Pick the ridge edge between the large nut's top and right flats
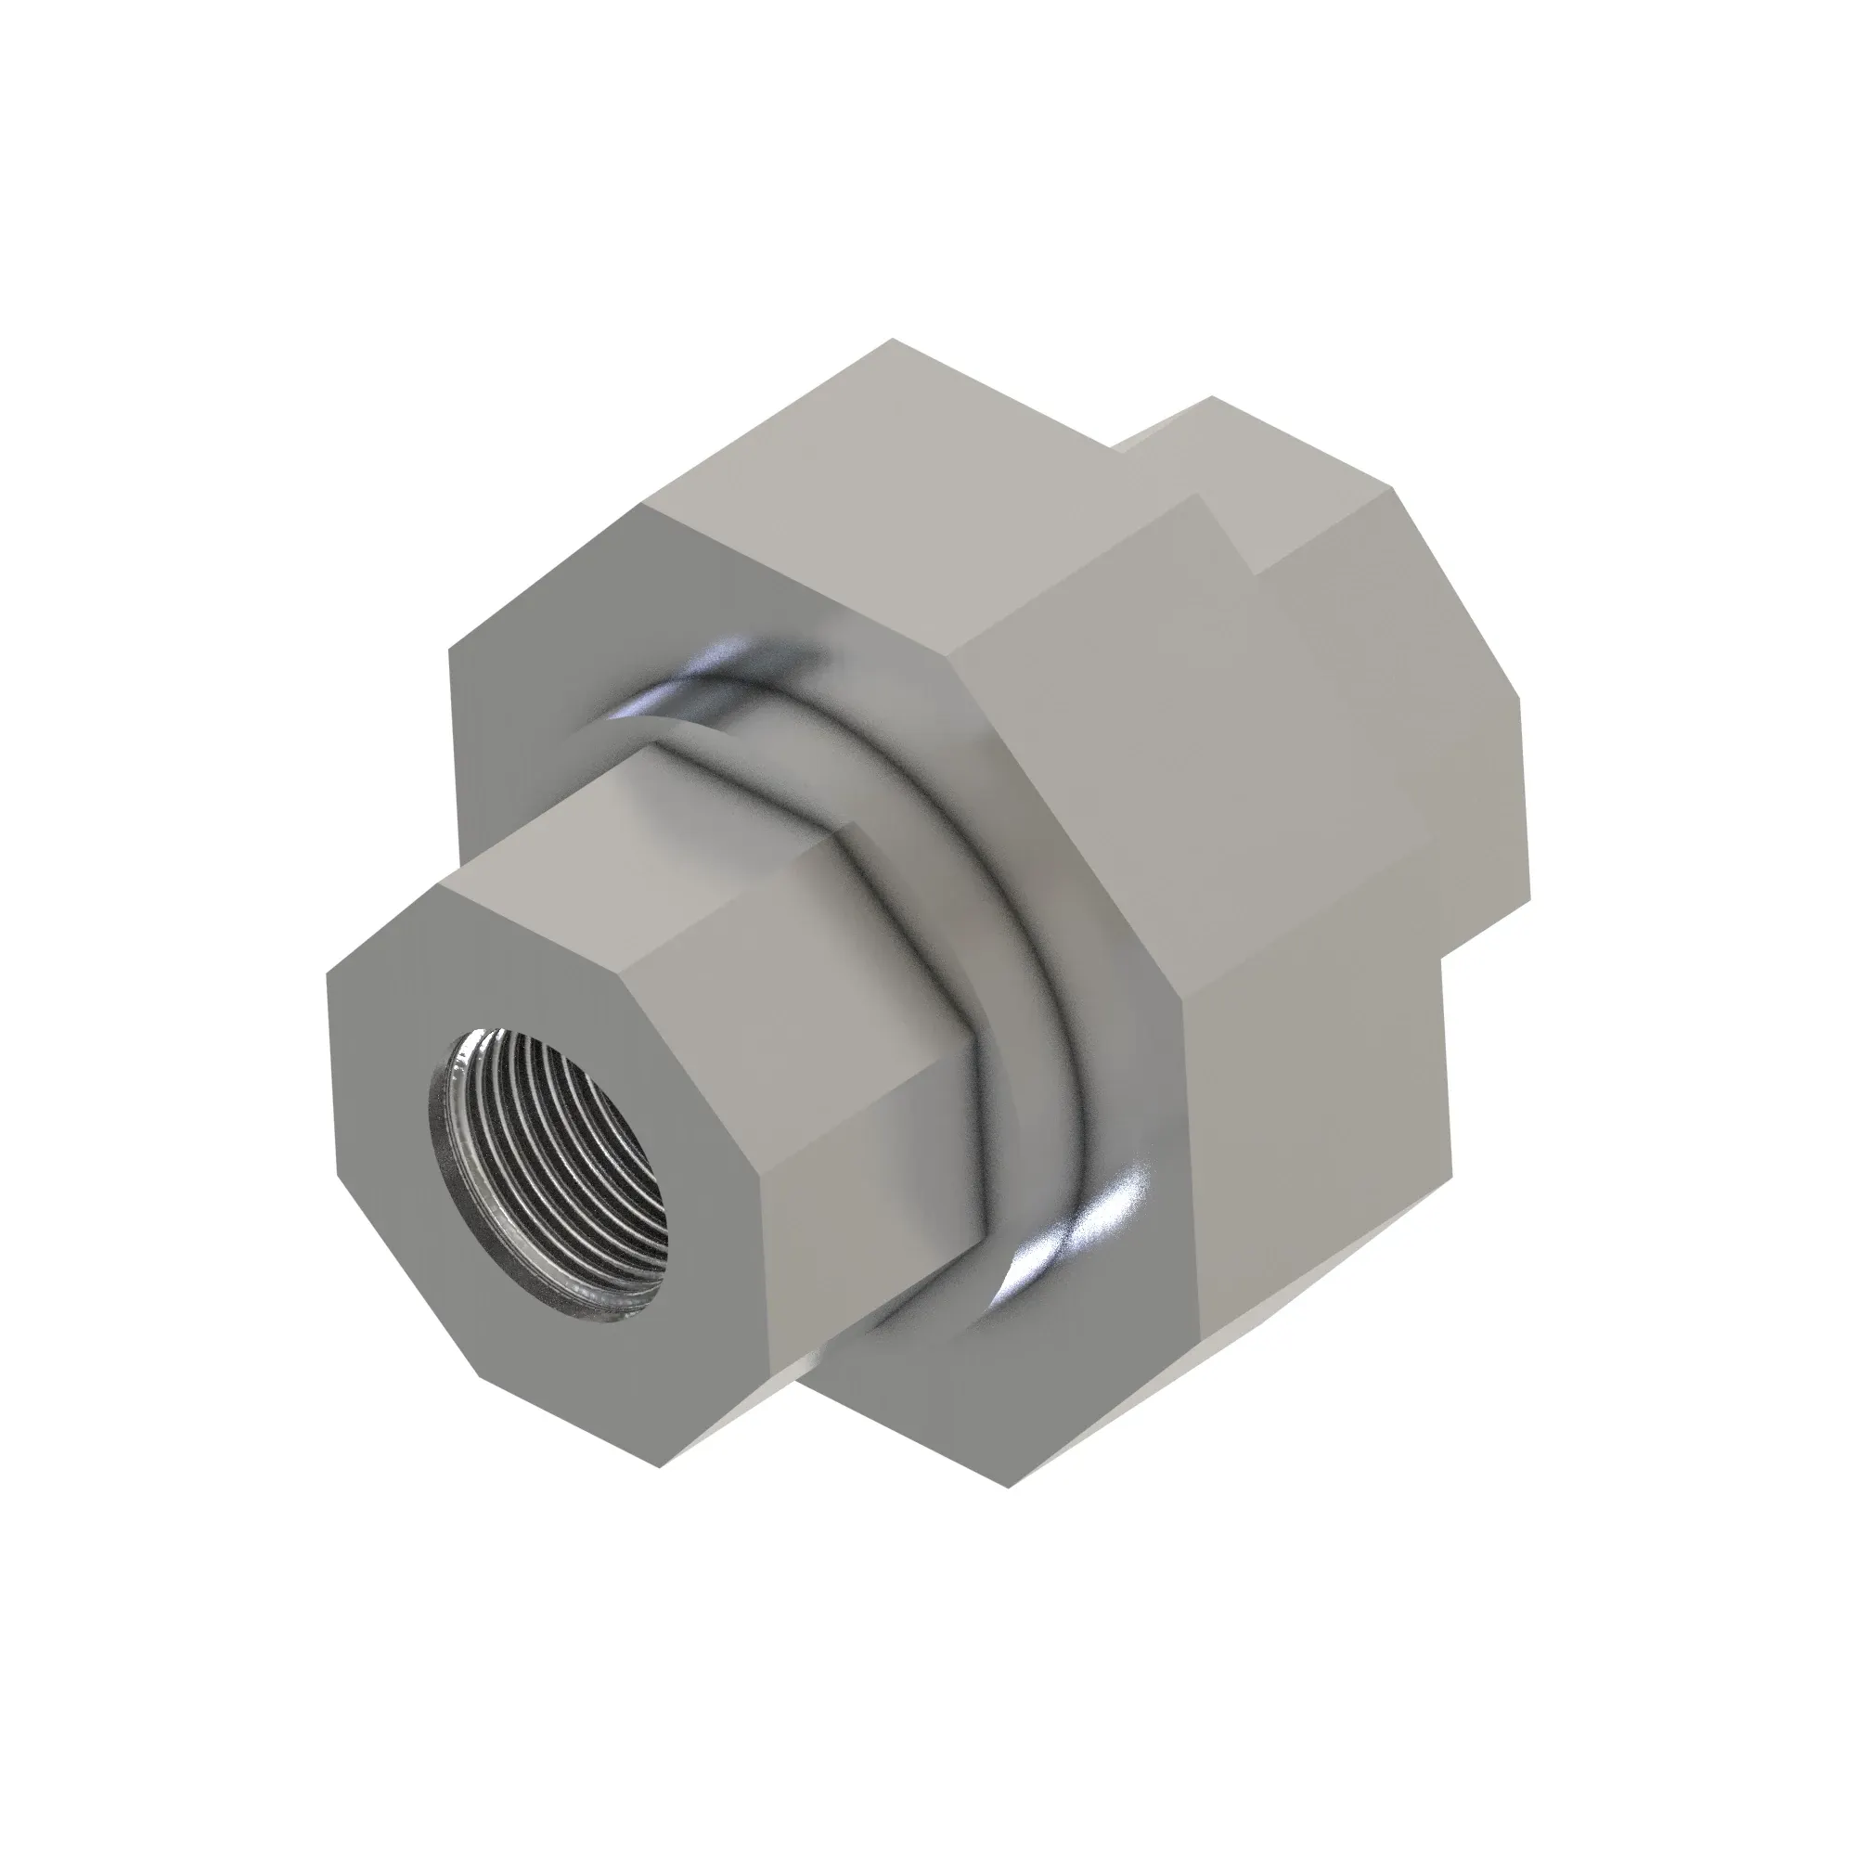click(1076, 576)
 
